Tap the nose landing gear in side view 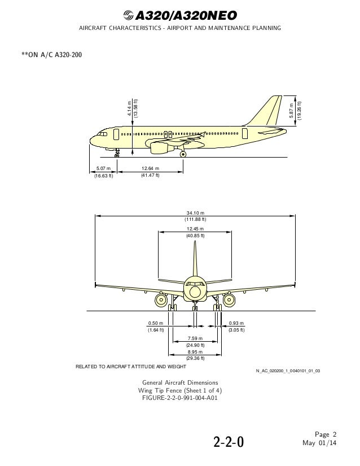(117, 151)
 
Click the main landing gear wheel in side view (183, 153)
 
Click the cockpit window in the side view (102, 135)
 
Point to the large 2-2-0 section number (229, 439)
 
